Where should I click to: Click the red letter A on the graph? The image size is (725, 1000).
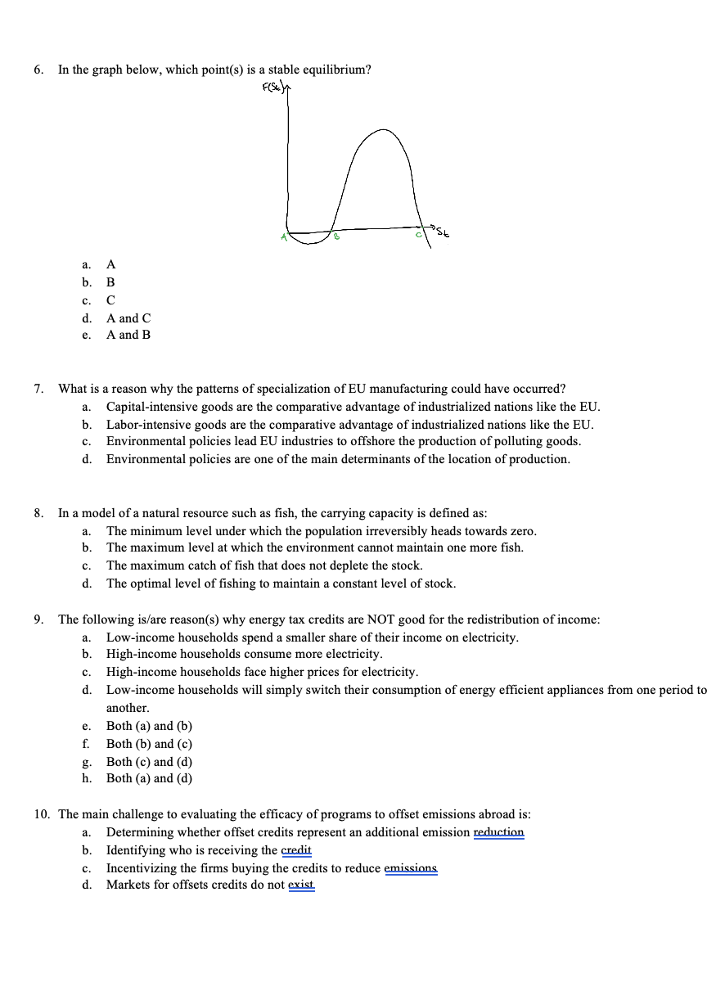click(x=281, y=237)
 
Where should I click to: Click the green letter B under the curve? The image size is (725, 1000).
click(x=335, y=237)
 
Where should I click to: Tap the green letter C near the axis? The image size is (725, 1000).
click(x=418, y=236)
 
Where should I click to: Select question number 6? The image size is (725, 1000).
click(x=38, y=70)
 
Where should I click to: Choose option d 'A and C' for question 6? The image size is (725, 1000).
click(x=128, y=318)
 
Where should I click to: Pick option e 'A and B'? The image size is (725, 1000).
click(x=128, y=335)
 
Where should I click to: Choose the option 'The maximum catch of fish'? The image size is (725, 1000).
click(x=263, y=565)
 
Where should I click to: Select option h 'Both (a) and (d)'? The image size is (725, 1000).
click(x=149, y=778)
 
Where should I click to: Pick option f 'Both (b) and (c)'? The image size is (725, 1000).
click(x=149, y=744)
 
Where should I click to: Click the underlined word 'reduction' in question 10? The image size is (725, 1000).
click(x=499, y=832)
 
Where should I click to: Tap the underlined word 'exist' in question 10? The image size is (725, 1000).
click(x=301, y=885)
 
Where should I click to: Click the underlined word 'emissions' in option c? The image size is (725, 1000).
click(x=411, y=867)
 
